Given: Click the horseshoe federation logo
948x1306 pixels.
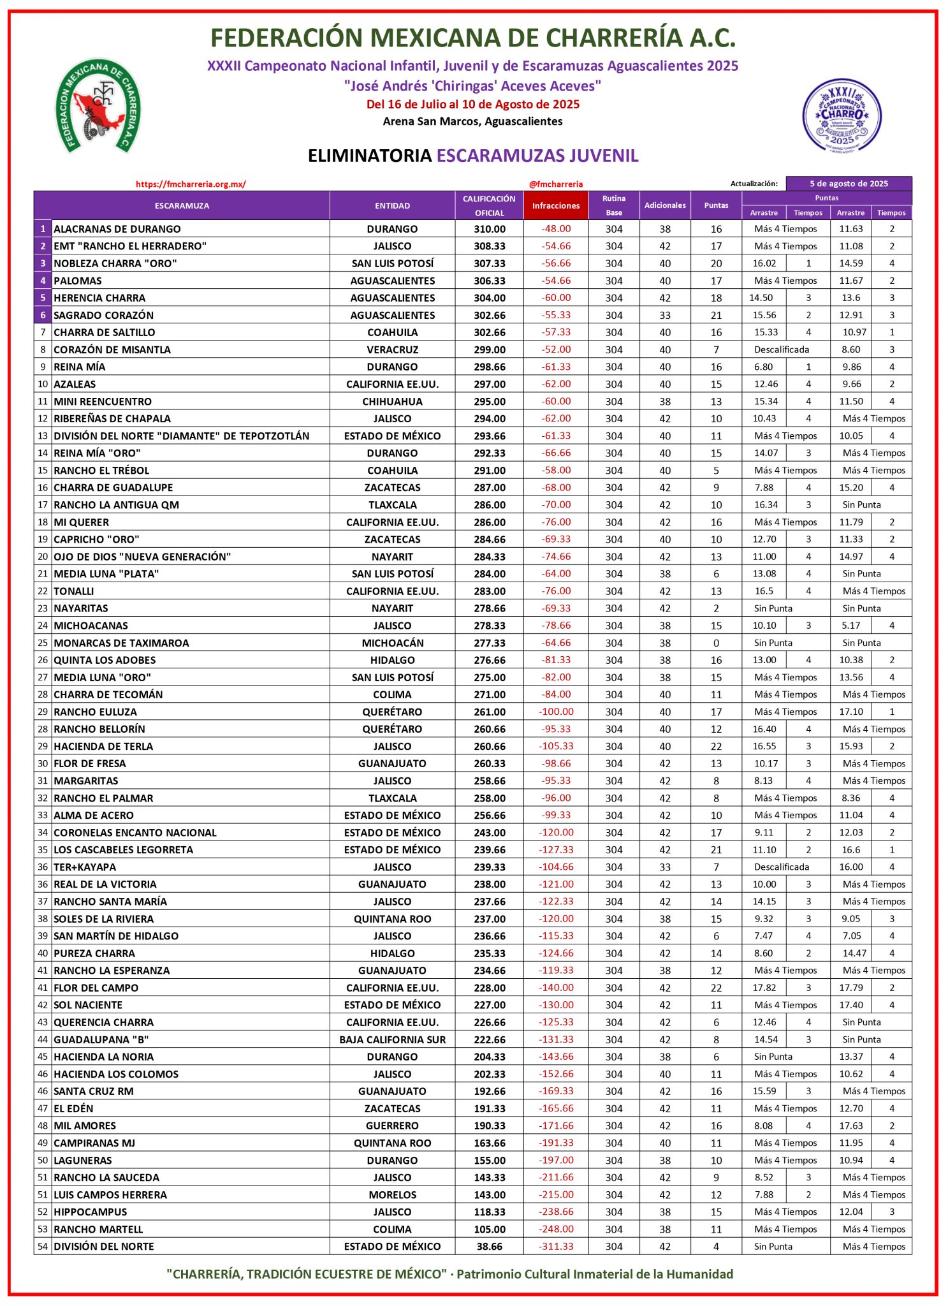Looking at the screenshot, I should click(98, 106).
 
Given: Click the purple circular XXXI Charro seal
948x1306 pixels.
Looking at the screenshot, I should click(842, 115).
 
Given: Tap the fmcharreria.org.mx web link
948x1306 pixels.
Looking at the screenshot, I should click(191, 184).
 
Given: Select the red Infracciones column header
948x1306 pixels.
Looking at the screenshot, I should click(556, 205).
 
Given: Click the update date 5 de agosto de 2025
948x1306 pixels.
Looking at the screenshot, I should click(849, 184).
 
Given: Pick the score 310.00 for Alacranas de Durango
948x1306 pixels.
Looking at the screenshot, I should click(489, 229).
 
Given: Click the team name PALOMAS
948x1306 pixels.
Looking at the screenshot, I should click(78, 281).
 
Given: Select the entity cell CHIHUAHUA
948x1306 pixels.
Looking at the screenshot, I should click(392, 401).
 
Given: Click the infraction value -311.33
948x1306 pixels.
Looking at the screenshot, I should click(556, 1246).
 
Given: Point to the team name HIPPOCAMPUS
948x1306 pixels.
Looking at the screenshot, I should click(91, 1212).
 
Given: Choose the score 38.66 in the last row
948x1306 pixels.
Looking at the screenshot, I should click(489, 1246).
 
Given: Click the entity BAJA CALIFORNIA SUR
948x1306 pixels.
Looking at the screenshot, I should click(392, 1039).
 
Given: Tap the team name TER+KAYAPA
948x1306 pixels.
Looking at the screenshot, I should click(85, 867).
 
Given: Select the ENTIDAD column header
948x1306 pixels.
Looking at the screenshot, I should click(392, 205).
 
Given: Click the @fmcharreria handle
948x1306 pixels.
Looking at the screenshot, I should click(556, 184).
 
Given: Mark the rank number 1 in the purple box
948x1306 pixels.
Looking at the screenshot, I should click(43, 229).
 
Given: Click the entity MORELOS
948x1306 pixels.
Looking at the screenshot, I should click(392, 1194).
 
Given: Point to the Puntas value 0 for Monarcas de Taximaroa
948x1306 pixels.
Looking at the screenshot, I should click(716, 643).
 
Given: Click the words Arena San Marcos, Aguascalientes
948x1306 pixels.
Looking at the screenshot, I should click(472, 121).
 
